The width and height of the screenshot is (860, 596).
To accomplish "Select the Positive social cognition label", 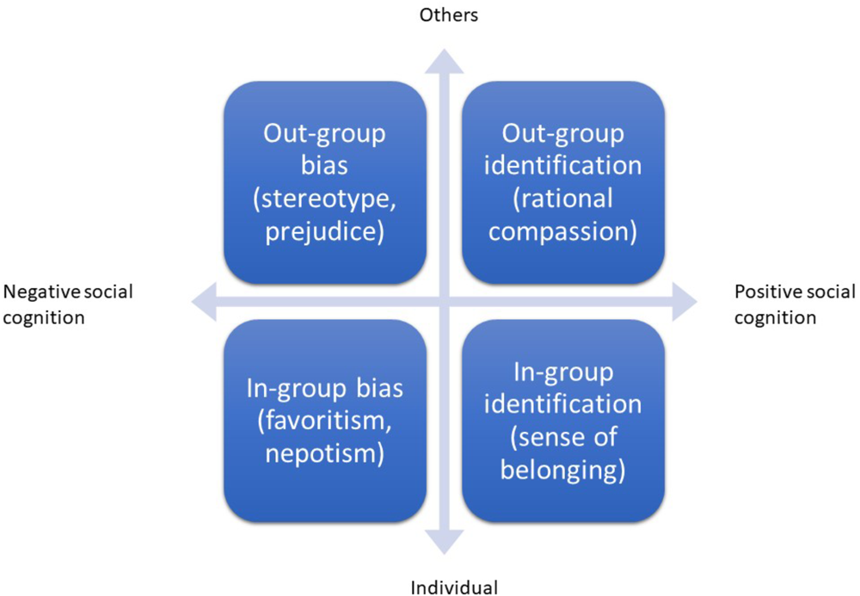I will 795,304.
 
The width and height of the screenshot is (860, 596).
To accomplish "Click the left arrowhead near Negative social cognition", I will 203,301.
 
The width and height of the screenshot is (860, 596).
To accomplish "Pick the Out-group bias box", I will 325,183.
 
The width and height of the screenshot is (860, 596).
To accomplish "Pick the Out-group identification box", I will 563,183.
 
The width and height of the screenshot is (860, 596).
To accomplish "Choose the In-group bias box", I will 325,421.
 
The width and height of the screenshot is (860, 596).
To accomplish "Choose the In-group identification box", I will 563,421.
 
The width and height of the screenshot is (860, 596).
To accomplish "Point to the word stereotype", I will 330,199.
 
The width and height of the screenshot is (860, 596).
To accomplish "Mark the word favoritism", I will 326,421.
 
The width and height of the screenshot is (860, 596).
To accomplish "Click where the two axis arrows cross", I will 445,301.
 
